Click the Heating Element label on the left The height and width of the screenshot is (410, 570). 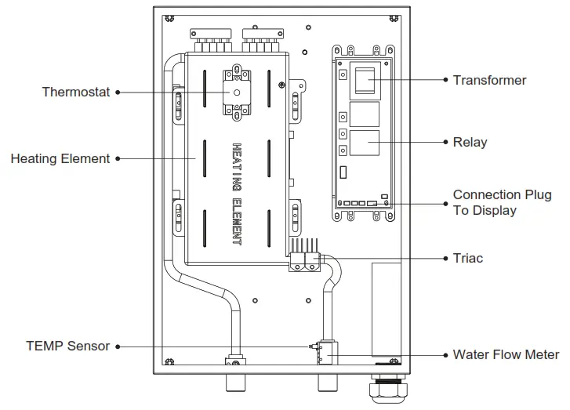tap(60, 158)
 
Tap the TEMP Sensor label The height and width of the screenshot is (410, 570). tap(67, 346)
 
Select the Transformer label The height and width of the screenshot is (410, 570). tap(489, 80)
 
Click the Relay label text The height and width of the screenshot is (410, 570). tap(470, 143)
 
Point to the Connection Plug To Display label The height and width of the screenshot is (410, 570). tap(502, 202)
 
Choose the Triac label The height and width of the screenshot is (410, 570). tap(468, 258)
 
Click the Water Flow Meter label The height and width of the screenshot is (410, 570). tap(506, 354)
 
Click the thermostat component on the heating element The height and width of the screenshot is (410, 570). tap(235, 93)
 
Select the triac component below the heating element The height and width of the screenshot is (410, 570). tap(304, 261)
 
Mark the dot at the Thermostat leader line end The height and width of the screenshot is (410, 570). tap(118, 93)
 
